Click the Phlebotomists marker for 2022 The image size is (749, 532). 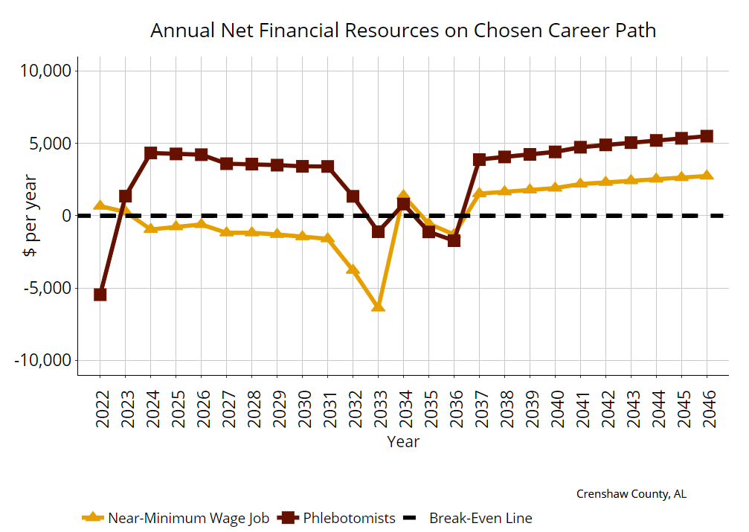(100, 295)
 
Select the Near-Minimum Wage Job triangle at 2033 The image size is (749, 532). (378, 306)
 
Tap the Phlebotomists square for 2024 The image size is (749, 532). (150, 153)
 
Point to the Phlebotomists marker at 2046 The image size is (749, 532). (707, 136)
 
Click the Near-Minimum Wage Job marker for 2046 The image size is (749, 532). (707, 176)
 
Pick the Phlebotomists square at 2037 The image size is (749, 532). (479, 159)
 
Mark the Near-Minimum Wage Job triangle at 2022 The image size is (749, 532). (100, 205)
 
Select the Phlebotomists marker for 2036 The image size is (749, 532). (454, 240)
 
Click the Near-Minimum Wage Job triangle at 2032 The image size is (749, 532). (353, 269)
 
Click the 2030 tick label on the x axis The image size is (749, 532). (303, 409)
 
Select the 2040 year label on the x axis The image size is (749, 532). (556, 409)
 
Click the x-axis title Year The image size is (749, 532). (403, 441)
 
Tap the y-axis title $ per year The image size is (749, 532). (30, 216)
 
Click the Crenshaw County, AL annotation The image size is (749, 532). (631, 494)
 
